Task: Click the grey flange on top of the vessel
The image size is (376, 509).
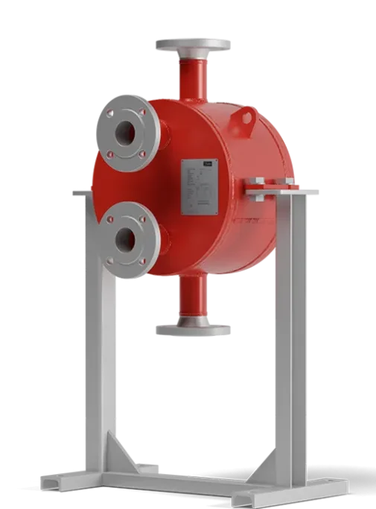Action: [x=193, y=45]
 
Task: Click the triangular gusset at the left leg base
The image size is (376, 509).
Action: [x=123, y=455]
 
